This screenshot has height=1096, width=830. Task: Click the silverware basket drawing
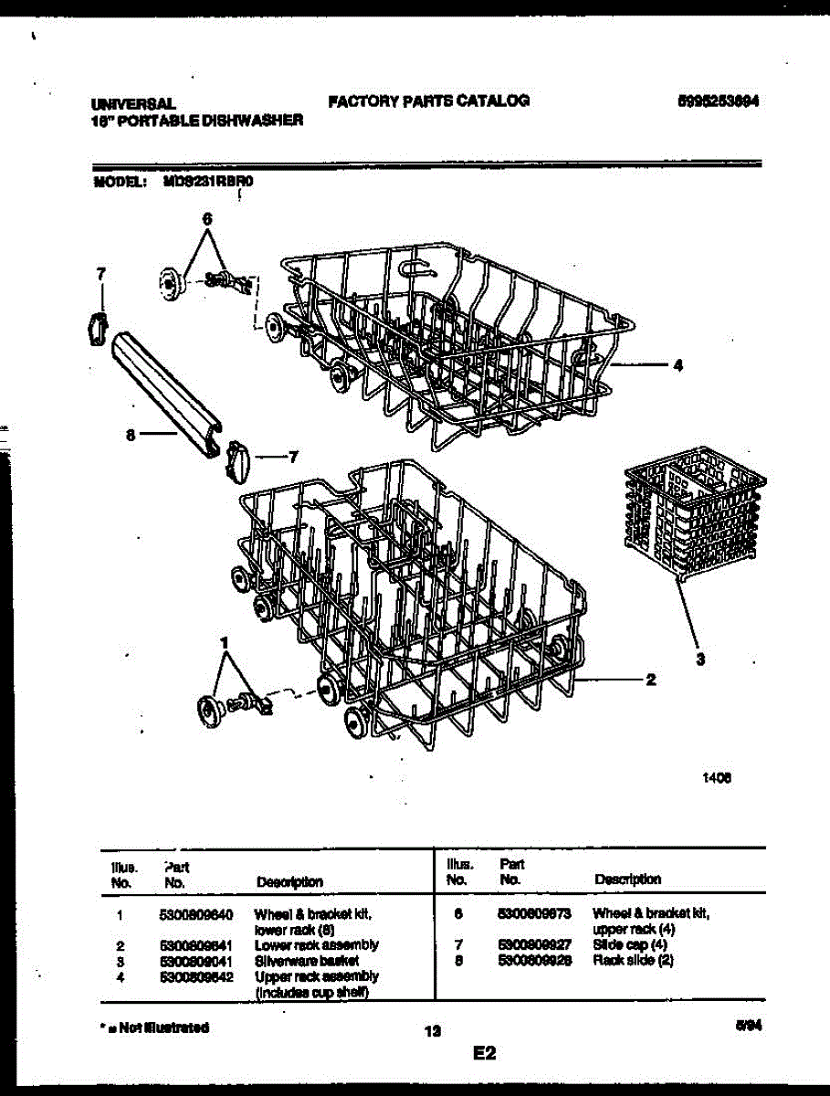694,511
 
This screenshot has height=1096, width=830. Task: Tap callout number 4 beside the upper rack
677,365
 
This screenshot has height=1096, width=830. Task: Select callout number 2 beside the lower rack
650,680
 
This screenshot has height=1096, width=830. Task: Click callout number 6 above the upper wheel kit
206,219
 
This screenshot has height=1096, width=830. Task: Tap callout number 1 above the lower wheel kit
223,643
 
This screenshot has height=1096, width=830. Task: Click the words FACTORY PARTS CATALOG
428,100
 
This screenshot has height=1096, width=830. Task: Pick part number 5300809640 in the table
195,913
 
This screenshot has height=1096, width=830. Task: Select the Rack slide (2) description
633,961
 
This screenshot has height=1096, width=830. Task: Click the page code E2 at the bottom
484,1054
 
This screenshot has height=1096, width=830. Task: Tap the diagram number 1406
717,779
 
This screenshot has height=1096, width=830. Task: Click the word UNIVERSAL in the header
133,105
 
